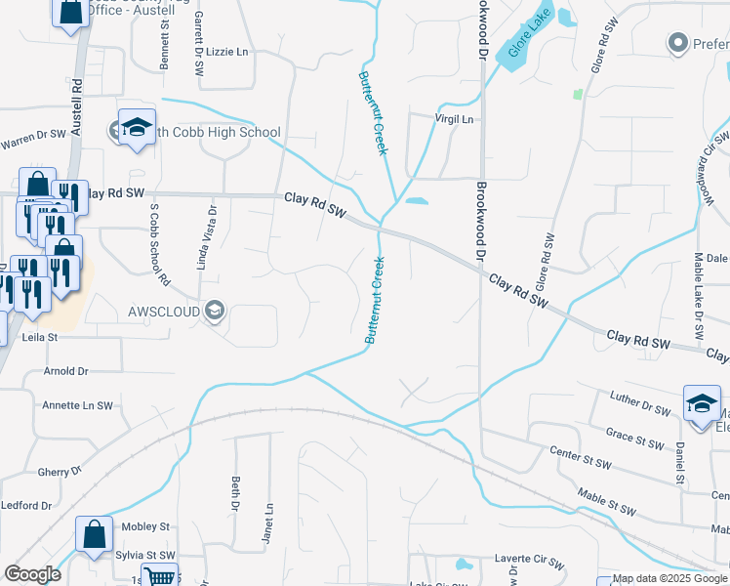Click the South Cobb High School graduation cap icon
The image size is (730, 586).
(137, 128)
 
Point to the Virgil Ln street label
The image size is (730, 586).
(454, 119)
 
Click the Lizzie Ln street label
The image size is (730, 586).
(228, 51)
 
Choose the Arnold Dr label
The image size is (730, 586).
(66, 371)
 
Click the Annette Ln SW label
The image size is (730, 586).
(77, 404)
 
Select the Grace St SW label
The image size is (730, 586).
(634, 440)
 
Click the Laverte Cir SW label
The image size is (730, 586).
(529, 563)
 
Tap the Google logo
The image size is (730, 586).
(32, 574)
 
